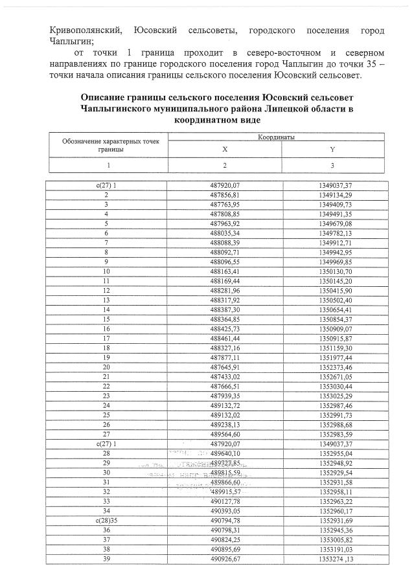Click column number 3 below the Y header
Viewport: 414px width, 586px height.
[332, 165]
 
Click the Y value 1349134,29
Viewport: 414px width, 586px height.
[335, 194]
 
